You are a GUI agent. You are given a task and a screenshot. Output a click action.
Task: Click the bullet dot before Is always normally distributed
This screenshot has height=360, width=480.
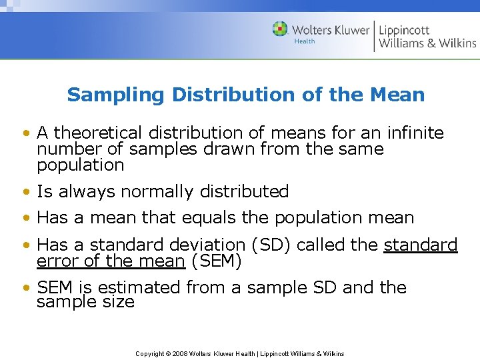pos(25,193)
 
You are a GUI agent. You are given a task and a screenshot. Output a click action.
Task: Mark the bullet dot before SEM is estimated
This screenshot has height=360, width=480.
pos(25,289)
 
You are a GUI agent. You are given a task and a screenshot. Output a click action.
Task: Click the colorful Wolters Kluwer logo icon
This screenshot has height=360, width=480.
pos(280,29)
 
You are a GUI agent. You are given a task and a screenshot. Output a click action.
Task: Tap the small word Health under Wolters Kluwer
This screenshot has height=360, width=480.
pos(304,41)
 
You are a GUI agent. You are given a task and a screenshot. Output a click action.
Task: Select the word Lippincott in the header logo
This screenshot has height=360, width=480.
pos(404,29)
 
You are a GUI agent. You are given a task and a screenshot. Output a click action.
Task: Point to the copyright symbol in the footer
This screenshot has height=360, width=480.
pos(167,353)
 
